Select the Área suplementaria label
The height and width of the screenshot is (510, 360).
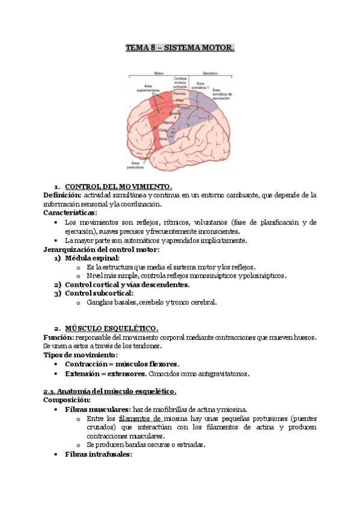coord(148,88)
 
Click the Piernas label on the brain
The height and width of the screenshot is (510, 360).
coord(180,94)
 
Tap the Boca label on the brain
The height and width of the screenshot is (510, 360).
coord(163,138)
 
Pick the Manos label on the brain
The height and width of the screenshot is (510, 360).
coord(160,121)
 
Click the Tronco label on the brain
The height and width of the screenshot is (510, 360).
coord(183,108)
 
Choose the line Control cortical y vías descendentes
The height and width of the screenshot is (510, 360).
coord(127,284)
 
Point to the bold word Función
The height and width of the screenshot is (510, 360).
coord(59,337)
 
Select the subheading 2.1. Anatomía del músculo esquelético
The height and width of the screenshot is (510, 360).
coord(110,392)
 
